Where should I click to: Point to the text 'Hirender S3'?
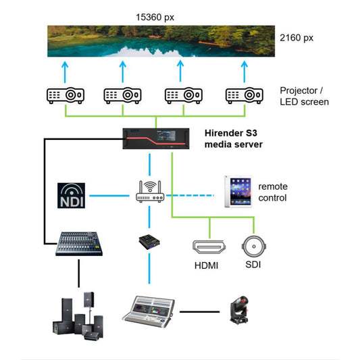pos(232,132)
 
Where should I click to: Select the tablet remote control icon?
pos(237,191)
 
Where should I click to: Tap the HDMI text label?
pos(207,265)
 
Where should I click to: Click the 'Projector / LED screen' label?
pos(304,96)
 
